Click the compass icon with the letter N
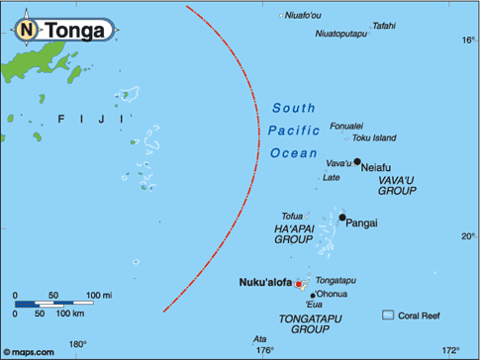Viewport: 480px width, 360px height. pyautogui.click(x=24, y=31)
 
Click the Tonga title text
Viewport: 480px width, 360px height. pyautogui.click(x=71, y=31)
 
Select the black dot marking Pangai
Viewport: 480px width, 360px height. pyautogui.click(x=342, y=218)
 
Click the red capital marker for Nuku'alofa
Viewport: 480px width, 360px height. pyautogui.click(x=299, y=284)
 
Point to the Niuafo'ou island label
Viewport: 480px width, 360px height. pyautogui.click(x=301, y=15)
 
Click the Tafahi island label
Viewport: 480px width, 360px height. pyautogui.click(x=384, y=26)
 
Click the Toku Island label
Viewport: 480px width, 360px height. pyautogui.click(x=375, y=137)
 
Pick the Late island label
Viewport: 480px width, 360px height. pyautogui.click(x=333, y=178)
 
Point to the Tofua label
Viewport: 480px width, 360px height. pyautogui.click(x=292, y=216)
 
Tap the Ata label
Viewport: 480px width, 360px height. pyautogui.click(x=261, y=338)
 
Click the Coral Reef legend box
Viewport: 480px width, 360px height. pyautogui.click(x=388, y=315)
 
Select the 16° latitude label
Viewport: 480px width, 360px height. pyautogui.click(x=468, y=41)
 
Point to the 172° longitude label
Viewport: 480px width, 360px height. pyautogui.click(x=451, y=350)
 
